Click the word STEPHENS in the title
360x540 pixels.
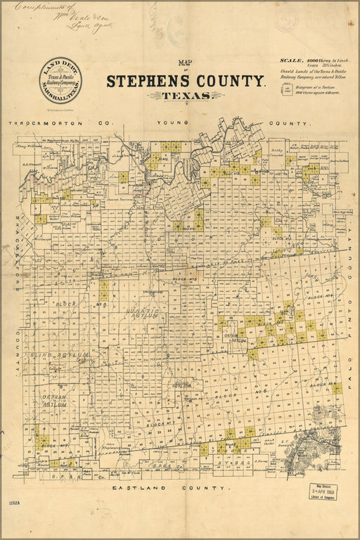146,81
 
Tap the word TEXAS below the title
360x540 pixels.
185,96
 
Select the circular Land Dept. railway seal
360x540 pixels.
60,81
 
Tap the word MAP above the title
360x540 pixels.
186,62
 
